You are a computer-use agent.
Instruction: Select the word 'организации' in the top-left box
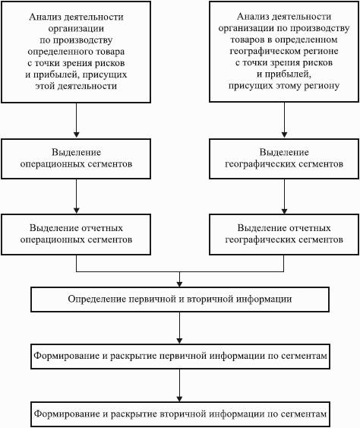pyautogui.click(x=76, y=29)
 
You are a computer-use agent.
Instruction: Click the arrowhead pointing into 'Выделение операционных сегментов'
pyautogui.click(x=77, y=135)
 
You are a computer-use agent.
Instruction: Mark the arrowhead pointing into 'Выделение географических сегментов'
pyautogui.click(x=284, y=135)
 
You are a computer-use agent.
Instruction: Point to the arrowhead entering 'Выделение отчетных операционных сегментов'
pyautogui.click(x=77, y=211)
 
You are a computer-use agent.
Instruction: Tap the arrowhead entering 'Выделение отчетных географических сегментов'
pyautogui.click(x=284, y=211)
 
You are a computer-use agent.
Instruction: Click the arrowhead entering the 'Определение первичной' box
pyautogui.click(x=179, y=284)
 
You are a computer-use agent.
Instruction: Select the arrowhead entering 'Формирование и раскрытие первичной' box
pyautogui.click(x=179, y=341)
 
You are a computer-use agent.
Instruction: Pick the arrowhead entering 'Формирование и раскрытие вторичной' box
pyautogui.click(x=179, y=398)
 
